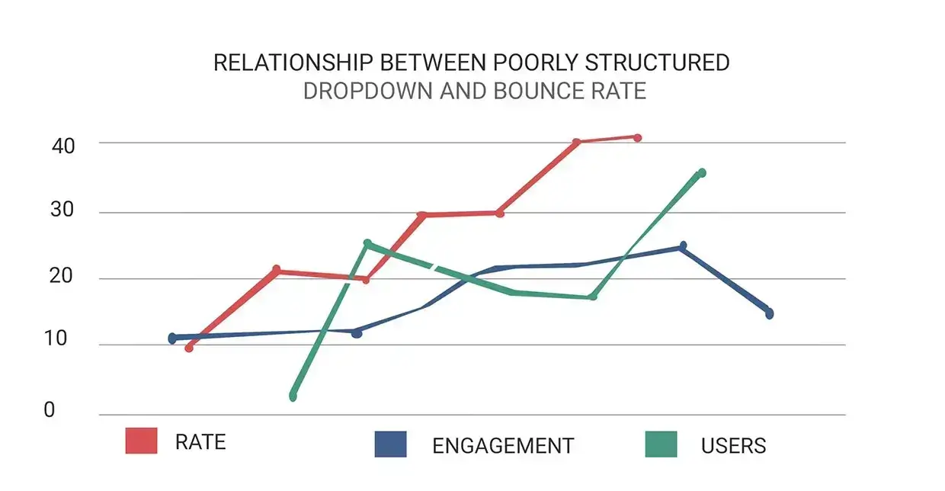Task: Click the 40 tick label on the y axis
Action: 64,145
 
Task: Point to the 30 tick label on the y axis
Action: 64,211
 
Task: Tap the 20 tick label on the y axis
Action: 64,277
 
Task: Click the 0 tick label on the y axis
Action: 50,410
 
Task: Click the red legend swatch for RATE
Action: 141,441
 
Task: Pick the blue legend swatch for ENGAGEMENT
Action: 390,444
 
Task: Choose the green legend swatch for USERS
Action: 660,444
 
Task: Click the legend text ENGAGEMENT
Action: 502,446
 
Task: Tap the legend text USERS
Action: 733,446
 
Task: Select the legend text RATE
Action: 200,442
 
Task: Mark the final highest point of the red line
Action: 638,138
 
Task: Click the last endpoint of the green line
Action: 702,173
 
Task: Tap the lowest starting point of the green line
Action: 293,396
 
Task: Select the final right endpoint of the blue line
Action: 770,313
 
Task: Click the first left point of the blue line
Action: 172,338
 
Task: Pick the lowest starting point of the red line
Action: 189,348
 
